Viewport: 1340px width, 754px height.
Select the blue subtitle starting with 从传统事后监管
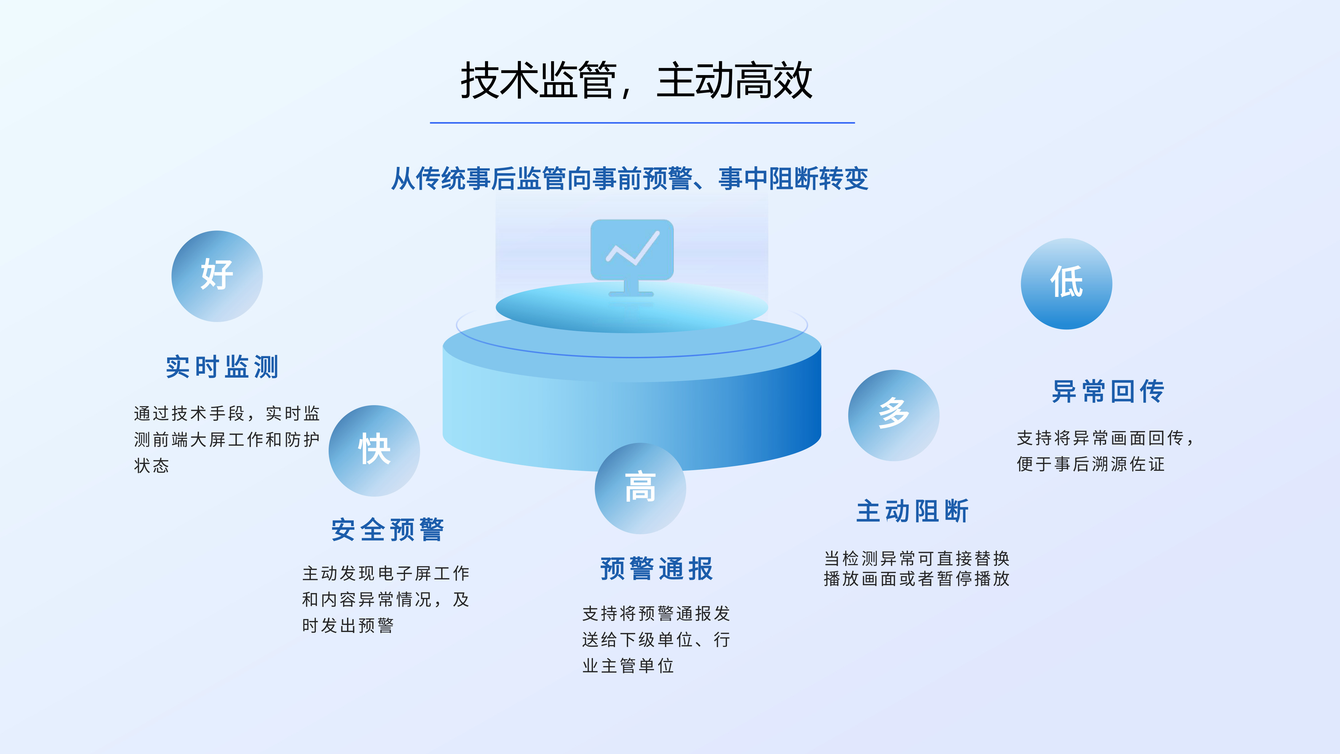(x=630, y=179)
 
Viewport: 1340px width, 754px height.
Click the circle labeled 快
(x=374, y=451)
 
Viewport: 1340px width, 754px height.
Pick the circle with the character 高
(x=640, y=488)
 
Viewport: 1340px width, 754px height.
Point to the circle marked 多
(x=894, y=415)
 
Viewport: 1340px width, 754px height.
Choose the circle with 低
(x=1066, y=284)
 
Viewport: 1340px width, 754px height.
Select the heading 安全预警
(x=388, y=530)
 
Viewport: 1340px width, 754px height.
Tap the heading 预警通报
(x=657, y=569)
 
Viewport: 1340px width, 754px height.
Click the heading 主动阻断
(x=913, y=511)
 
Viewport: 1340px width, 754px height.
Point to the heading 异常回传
(x=1108, y=391)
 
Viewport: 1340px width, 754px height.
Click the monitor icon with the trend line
(x=632, y=258)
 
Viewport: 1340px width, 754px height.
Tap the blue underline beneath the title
(x=643, y=123)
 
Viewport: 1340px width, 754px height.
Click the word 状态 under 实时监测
(x=151, y=465)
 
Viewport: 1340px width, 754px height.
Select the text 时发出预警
(x=348, y=625)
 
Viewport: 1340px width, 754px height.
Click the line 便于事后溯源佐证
(x=1091, y=464)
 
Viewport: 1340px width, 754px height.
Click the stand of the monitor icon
(x=631, y=289)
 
